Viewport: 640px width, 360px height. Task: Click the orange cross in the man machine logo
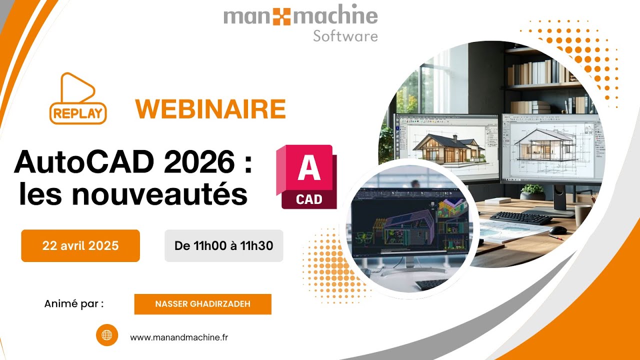click(281, 16)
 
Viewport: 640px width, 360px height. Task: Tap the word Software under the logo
click(345, 36)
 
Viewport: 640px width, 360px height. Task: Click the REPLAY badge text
click(78, 113)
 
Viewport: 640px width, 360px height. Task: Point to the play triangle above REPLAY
click(77, 87)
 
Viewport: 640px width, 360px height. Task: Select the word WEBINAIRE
click(210, 109)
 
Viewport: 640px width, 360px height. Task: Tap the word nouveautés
click(159, 194)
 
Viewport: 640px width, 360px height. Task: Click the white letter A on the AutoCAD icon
click(309, 167)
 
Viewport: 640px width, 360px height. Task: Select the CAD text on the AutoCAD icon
click(309, 199)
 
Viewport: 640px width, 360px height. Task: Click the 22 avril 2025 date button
click(80, 245)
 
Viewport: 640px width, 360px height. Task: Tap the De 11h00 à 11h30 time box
click(223, 245)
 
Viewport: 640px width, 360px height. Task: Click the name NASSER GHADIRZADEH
click(203, 304)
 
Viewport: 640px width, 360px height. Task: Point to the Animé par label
click(74, 304)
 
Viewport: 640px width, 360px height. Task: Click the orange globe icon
click(107, 335)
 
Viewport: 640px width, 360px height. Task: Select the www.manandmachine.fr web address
click(179, 337)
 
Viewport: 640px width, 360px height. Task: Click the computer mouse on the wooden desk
click(557, 230)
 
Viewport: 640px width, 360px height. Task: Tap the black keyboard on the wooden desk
click(521, 218)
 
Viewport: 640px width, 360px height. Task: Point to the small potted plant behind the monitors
click(532, 191)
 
